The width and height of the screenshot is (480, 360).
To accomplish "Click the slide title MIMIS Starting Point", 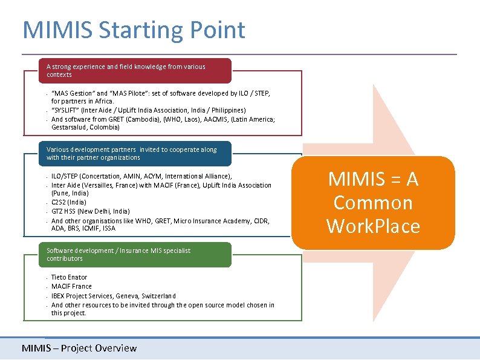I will tap(134, 30).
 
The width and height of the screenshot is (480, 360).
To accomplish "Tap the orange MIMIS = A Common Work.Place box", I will tap(373, 203).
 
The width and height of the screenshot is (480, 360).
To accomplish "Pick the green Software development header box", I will tap(127, 255).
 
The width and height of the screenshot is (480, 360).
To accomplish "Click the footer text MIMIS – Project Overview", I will tap(79, 348).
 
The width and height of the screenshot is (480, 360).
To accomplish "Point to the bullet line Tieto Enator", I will tap(69, 277).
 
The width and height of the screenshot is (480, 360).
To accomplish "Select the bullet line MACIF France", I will tap(71, 286).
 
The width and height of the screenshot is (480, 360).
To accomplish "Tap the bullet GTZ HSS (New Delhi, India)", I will tap(90, 211).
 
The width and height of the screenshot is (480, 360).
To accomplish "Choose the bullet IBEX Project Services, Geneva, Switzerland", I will tap(114, 296).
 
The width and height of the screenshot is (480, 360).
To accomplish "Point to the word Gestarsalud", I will tap(69, 128).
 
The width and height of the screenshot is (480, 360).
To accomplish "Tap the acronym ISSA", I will tap(109, 229).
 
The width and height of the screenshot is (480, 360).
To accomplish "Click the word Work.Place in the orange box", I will tap(373, 226).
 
